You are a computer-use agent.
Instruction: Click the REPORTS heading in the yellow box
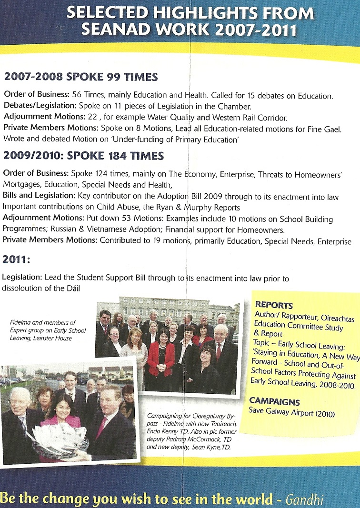point(274,305)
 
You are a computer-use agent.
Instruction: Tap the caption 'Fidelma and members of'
point(43,322)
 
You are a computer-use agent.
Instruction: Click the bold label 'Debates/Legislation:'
point(36,107)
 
